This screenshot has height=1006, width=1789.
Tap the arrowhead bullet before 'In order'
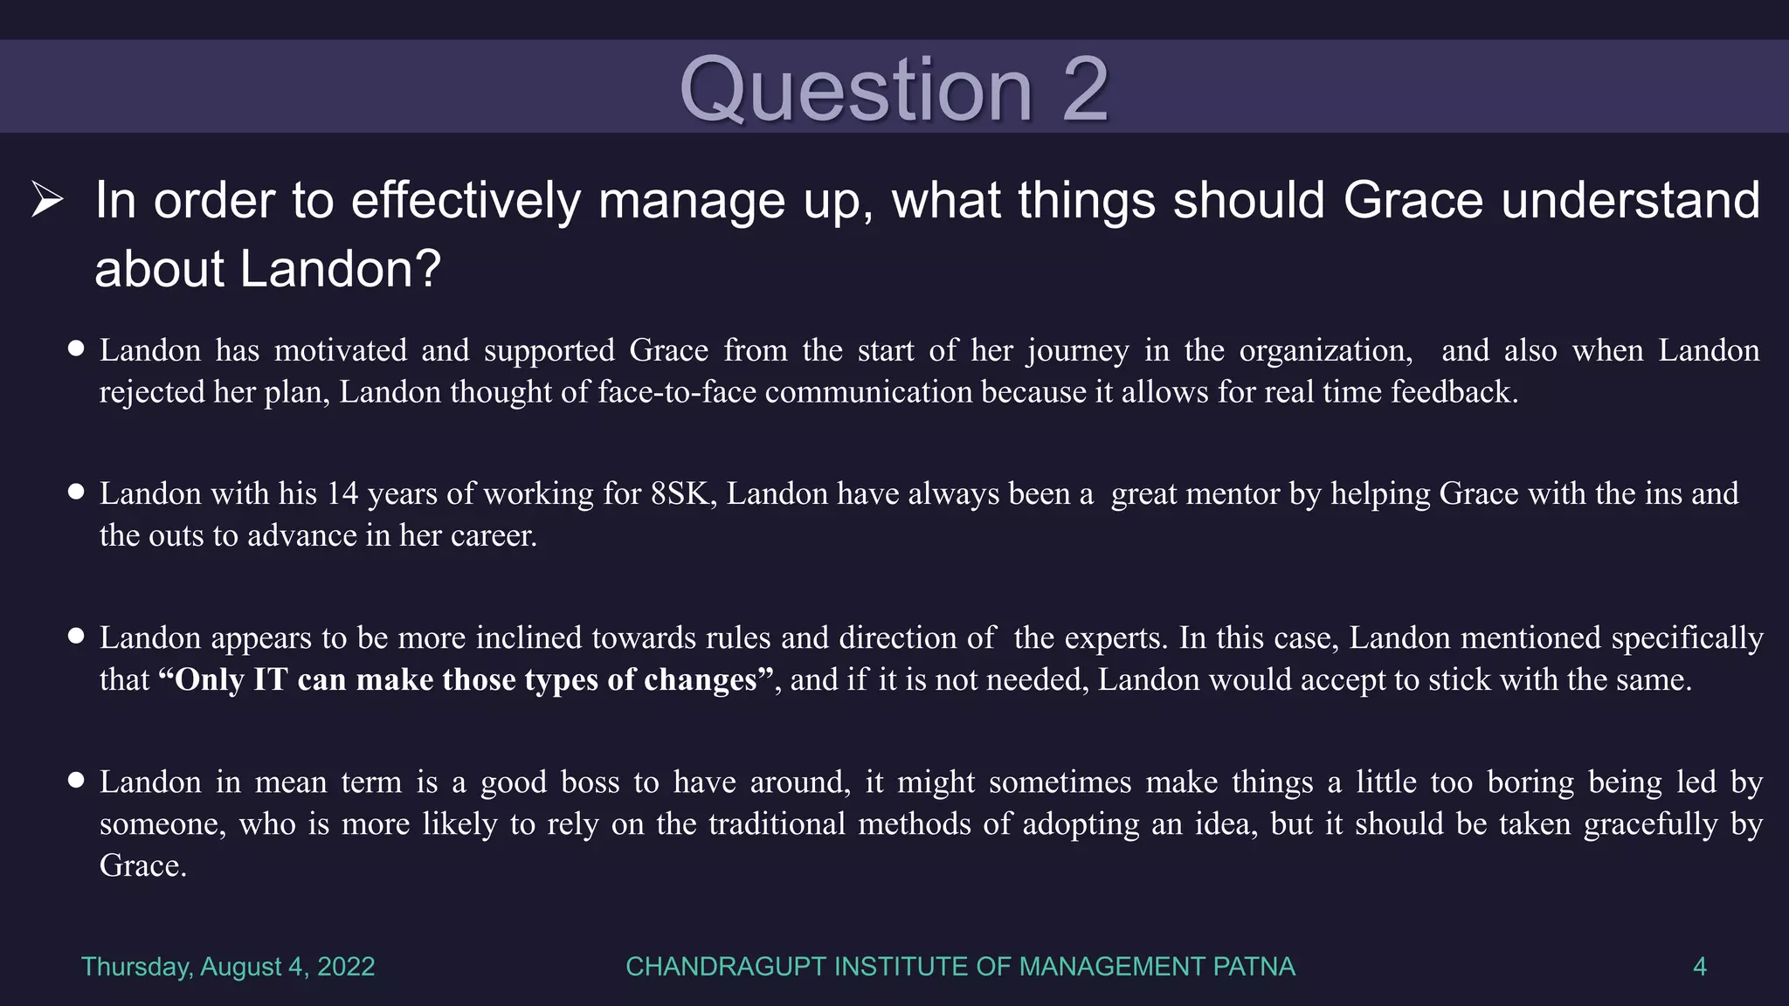coord(47,200)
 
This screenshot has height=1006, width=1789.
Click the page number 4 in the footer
coord(1699,967)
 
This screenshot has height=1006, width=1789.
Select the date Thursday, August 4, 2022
coord(228,967)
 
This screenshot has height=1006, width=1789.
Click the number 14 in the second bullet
coord(342,494)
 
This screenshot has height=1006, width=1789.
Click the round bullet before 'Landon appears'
coord(76,637)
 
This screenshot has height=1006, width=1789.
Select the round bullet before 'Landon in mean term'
coord(76,781)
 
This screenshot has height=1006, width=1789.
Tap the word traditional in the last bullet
coord(777,823)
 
